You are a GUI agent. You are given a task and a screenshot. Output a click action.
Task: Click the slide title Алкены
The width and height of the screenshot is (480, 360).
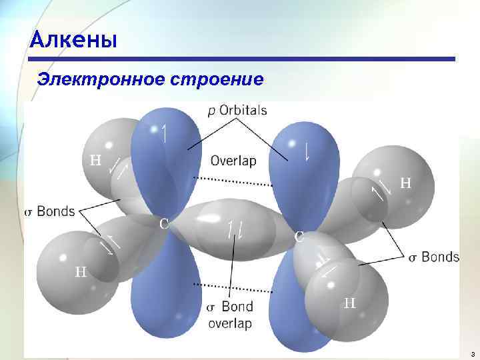coord(74,41)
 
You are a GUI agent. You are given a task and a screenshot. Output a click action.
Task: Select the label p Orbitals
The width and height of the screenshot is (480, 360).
coord(237,111)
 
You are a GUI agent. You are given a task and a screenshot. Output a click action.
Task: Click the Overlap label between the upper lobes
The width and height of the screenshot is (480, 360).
coord(233,161)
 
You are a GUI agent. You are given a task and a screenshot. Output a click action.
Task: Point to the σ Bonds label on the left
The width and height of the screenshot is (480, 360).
coord(50,211)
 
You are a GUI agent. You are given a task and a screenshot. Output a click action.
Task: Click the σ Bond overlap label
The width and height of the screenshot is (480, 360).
coord(229,315)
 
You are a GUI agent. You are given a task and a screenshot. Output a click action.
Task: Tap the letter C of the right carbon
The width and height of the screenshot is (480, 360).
coord(300,236)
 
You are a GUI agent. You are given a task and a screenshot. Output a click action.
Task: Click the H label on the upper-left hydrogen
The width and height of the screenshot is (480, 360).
coord(96,160)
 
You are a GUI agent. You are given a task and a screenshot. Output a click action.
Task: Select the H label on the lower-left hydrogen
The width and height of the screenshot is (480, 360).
coord(81,271)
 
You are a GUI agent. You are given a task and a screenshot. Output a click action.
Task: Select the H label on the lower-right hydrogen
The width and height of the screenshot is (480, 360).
coord(349,303)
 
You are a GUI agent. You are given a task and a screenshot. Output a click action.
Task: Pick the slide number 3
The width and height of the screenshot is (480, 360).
coord(471,353)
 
